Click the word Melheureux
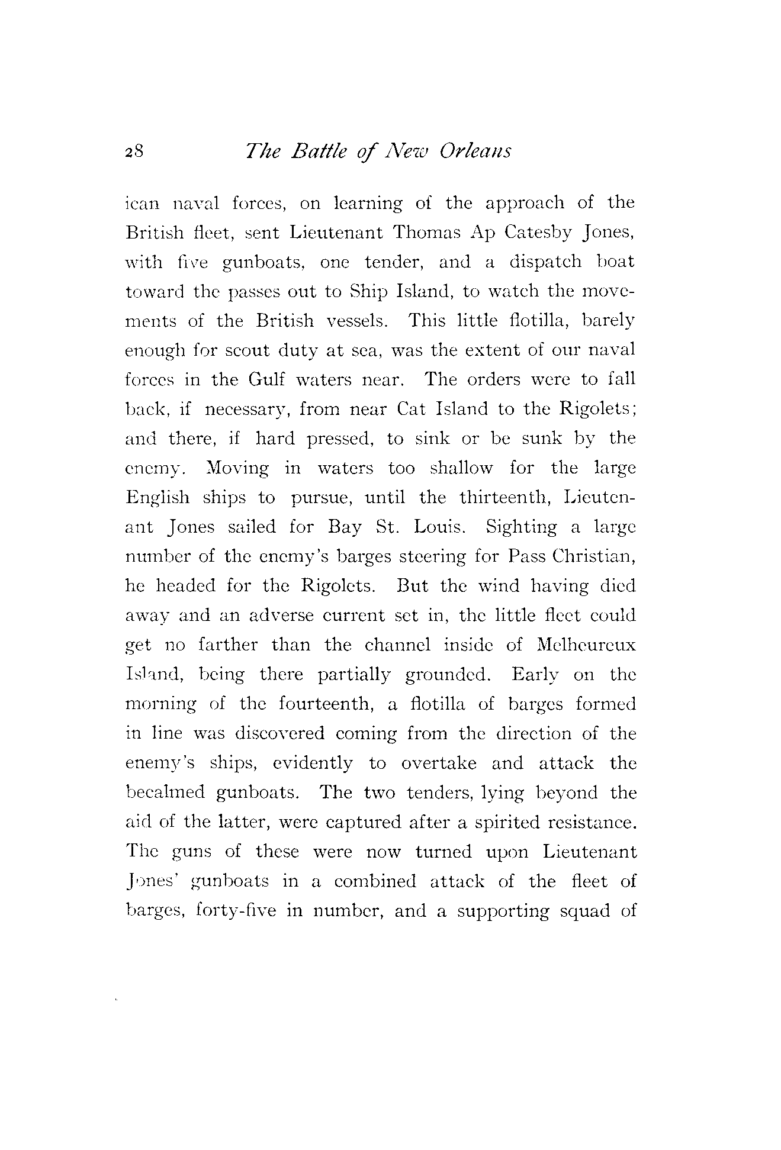[586, 645]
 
